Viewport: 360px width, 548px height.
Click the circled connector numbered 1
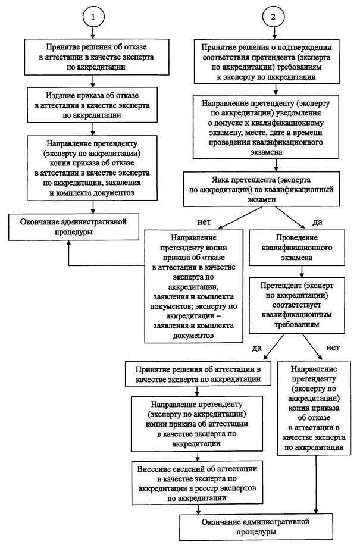[93, 17]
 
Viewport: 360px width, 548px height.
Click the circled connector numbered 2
[273, 17]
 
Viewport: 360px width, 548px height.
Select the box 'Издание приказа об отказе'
[92, 105]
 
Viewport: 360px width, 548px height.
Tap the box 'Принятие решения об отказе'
[96, 57]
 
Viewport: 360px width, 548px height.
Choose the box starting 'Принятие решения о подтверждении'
[267, 62]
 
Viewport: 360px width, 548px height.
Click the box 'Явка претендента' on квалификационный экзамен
[261, 189]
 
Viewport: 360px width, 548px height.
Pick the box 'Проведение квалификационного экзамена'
[297, 248]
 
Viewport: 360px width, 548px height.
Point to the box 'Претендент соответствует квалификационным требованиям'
[297, 305]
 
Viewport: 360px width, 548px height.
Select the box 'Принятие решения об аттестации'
[198, 374]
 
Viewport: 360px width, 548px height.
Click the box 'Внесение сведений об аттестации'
[197, 483]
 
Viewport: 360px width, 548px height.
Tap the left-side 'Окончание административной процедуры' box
[73, 227]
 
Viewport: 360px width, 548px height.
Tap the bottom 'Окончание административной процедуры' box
[256, 527]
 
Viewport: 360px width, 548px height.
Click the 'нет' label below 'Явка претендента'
[204, 222]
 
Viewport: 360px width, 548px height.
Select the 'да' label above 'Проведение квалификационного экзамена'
[317, 223]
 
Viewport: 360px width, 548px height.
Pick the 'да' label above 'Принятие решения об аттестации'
[257, 349]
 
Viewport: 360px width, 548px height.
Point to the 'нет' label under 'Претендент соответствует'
[333, 348]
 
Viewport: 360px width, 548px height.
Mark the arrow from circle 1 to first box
[93, 33]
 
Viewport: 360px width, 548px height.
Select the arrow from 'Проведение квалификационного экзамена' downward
[301, 271]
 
